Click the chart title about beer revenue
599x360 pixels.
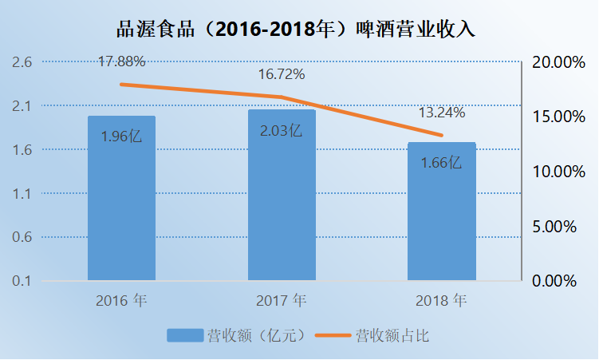click(x=299, y=30)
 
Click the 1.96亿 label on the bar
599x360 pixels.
click(x=121, y=136)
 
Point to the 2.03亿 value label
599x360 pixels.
click(x=282, y=130)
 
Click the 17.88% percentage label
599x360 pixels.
click(x=121, y=61)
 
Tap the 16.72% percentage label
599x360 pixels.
click(x=282, y=74)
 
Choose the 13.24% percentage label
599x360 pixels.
click(x=441, y=113)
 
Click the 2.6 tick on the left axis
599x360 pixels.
click(x=22, y=62)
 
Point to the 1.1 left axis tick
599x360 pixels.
click(x=22, y=194)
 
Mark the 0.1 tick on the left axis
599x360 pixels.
click(x=22, y=281)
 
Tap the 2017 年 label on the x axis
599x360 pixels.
click(x=282, y=302)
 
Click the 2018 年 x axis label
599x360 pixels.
click(x=441, y=302)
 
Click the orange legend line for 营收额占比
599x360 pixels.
click(x=333, y=335)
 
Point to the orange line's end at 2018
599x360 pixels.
click(x=441, y=135)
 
